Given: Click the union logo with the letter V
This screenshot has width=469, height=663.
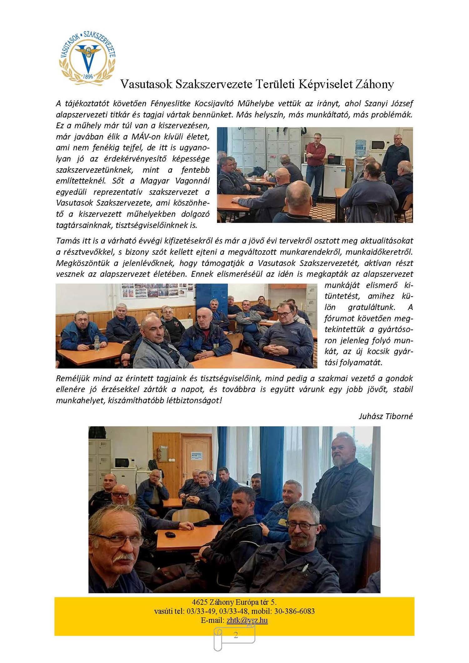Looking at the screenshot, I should (x=87, y=58).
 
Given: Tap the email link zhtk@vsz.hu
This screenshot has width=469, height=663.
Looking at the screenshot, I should (x=247, y=620).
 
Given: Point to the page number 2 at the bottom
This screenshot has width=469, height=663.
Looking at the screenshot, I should (x=236, y=635).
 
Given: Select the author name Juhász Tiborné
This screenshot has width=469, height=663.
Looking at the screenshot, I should (x=386, y=416).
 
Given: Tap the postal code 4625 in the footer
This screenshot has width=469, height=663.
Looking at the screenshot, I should (x=199, y=602).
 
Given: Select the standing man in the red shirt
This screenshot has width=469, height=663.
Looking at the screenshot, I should (x=315, y=163).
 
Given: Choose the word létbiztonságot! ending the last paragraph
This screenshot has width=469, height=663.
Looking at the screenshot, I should (x=193, y=401).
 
